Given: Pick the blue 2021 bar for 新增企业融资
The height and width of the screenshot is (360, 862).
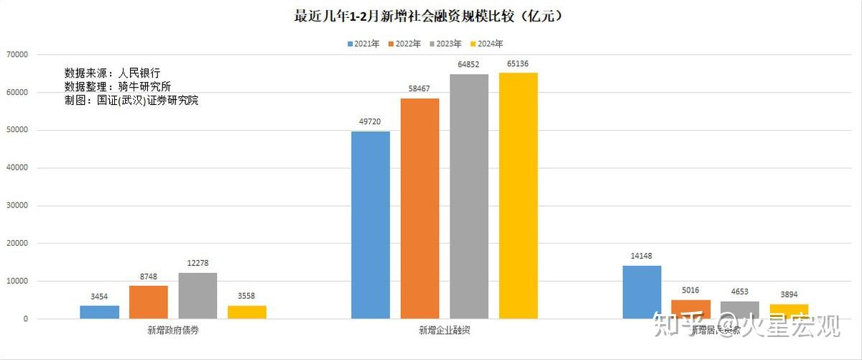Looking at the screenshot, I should coord(371,224).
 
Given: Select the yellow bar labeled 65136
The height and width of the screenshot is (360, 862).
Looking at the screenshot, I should coord(518,195).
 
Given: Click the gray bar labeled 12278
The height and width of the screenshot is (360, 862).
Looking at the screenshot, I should coord(198,295).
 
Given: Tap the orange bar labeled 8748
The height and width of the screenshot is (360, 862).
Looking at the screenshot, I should coord(149,302).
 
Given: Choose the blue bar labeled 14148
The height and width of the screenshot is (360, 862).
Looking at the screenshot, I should coord(641,292).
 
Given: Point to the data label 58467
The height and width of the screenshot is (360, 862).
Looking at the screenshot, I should coord(420,89).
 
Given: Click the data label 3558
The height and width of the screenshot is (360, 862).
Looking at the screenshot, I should coord(246,296).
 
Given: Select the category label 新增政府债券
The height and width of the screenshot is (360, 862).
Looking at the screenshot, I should coord(172,331).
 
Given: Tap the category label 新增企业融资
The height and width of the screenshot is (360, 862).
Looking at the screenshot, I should coord(444,331).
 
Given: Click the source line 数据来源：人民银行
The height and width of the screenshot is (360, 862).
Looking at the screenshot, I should coord(112,73).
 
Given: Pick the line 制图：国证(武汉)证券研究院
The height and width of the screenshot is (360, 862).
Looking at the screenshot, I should coord(131,101).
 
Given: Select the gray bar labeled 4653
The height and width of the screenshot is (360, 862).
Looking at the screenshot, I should coord(740,310).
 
